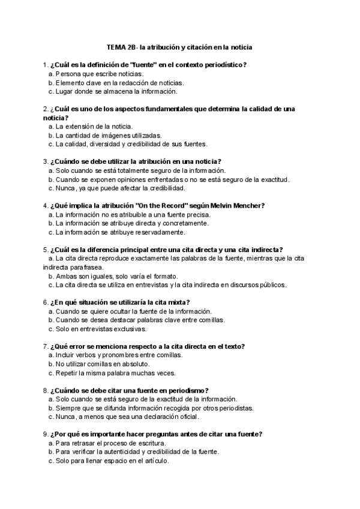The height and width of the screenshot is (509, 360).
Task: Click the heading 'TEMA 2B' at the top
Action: [119, 46]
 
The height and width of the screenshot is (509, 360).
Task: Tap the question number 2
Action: [46, 109]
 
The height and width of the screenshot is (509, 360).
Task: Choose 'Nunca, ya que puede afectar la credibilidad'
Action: [120, 188]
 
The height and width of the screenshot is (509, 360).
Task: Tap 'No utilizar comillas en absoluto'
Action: [103, 364]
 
